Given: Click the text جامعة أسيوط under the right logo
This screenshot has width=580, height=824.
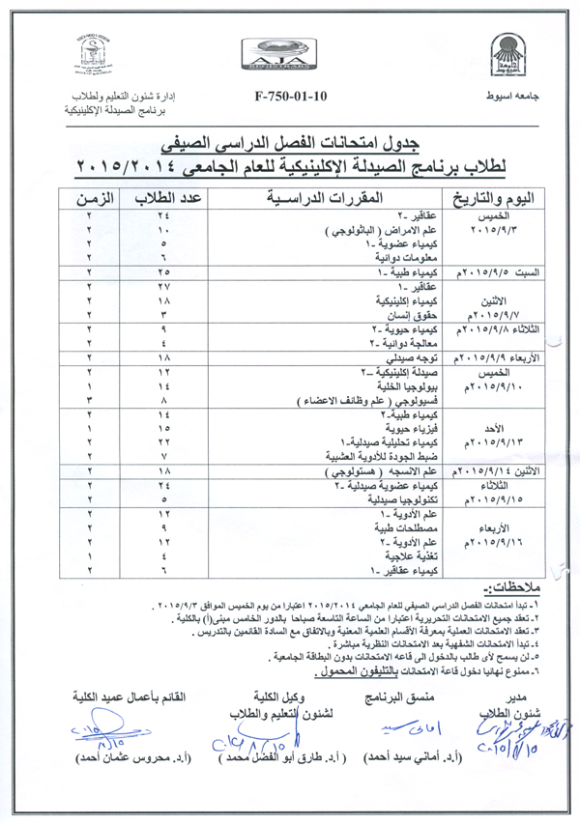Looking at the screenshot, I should click(505, 99).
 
